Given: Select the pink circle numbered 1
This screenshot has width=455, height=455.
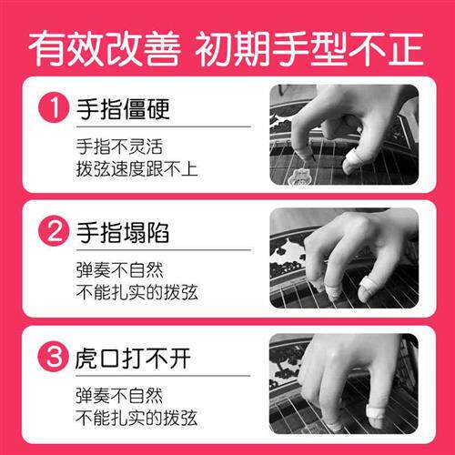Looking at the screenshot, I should [x=54, y=112].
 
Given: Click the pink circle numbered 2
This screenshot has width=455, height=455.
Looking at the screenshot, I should [x=54, y=233].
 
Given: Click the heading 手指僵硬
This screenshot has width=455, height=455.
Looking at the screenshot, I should [x=123, y=111].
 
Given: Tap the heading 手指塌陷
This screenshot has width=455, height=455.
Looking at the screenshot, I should [x=123, y=233].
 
